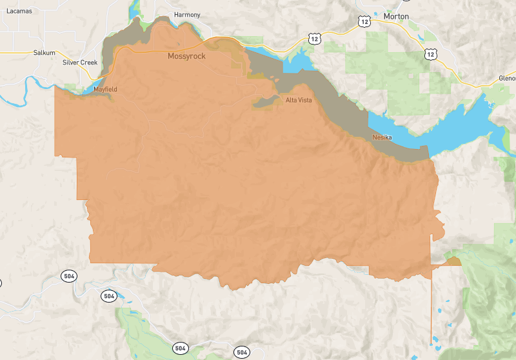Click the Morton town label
coord(396,16)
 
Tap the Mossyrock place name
coord(186,56)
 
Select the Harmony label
coord(187,15)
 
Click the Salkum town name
coord(45,53)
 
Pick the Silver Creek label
coord(80,63)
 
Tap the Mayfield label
coord(105,89)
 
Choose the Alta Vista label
coord(299,100)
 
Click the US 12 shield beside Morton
coord(364,22)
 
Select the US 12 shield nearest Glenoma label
coord(430,55)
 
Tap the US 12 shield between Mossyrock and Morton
coord(314,39)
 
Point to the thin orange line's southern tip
coord(431,343)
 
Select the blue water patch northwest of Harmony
coord(134,9)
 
